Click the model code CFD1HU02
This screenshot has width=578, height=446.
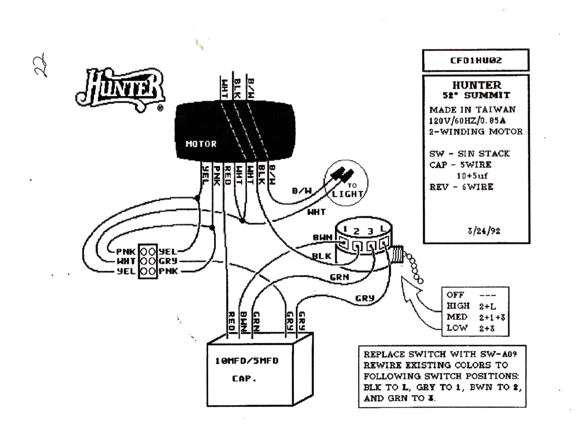pos(475,60)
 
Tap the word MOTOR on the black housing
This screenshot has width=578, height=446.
pos(201,144)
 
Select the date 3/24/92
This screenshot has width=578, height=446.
pos(484,231)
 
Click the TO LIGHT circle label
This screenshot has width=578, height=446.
pos(347,191)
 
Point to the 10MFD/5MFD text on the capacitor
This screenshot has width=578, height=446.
pos(247,361)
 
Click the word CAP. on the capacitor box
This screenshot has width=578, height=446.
pos(244,379)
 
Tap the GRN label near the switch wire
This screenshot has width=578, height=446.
pos(339,277)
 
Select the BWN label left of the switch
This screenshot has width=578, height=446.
pos(322,237)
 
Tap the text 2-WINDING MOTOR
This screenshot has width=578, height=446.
pos(475,132)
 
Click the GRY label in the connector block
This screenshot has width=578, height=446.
pos(168,261)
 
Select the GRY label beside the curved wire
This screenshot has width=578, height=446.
pos(365,298)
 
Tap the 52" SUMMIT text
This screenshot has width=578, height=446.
pos(476,96)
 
